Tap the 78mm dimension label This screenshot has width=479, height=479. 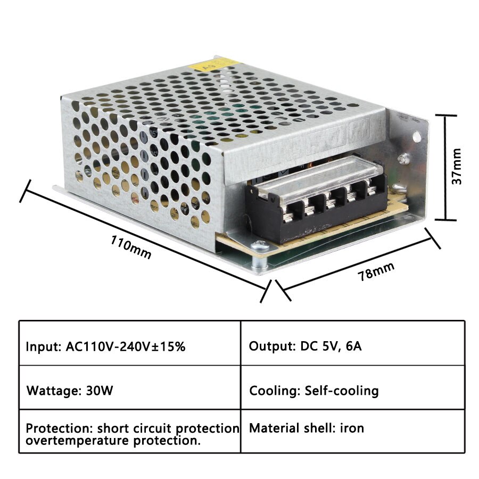coord(376,270)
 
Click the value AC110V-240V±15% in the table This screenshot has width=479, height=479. coord(126,346)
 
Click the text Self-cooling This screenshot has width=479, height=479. coord(342,391)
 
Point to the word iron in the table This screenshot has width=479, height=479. coord(352,427)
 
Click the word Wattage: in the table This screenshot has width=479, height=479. coord(54,391)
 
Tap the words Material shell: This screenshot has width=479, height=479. coord(292,427)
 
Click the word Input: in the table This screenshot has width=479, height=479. coord(44,346)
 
